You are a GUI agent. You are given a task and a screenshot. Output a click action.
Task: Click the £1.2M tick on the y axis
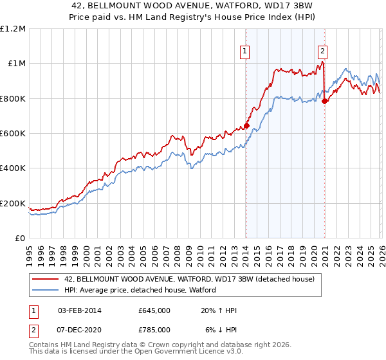tap(13, 29)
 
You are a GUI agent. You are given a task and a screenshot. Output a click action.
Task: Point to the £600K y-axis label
tap(13, 134)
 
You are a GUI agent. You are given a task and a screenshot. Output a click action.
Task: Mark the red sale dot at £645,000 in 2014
tap(246, 126)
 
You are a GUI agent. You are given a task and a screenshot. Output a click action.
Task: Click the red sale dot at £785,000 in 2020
tap(325, 101)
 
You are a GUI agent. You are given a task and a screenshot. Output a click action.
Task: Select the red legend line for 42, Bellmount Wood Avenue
tap(45, 280)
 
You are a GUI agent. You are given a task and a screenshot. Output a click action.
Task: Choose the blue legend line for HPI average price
tap(45, 290)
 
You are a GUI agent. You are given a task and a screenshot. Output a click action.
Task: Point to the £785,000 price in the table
tap(154, 329)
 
